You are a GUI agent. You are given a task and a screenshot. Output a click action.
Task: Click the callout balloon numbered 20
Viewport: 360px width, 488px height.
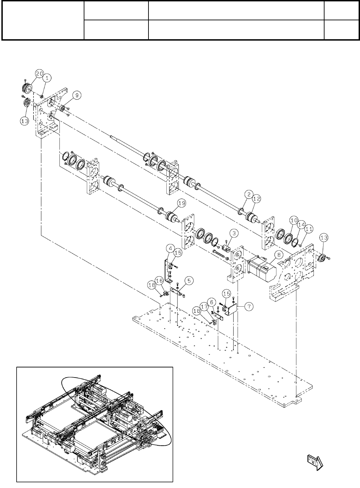pyautogui.click(x=39, y=73)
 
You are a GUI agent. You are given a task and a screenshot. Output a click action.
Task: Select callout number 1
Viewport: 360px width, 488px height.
pyautogui.click(x=47, y=78)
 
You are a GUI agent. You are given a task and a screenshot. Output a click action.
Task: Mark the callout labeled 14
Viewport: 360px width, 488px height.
pyautogui.click(x=302, y=225)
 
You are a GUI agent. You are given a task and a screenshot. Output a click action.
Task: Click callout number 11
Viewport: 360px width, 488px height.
pyautogui.click(x=309, y=229)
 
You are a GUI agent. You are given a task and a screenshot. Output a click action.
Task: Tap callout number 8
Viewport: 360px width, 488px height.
pyautogui.click(x=278, y=255)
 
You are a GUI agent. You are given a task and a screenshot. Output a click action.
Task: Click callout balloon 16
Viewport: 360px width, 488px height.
pyautogui.click(x=160, y=281)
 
